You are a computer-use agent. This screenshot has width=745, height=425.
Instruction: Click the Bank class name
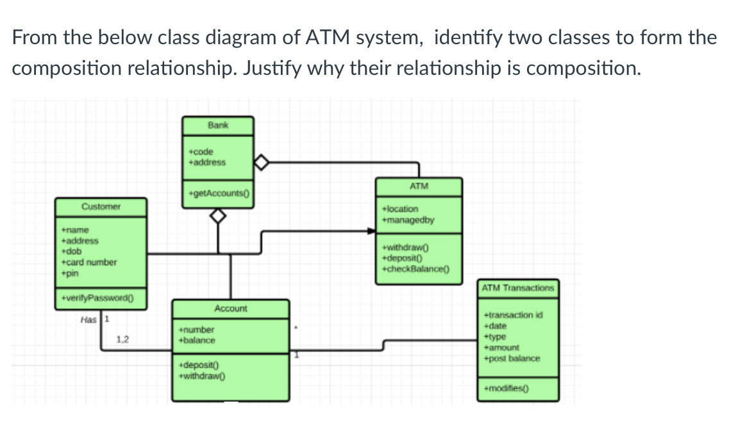[217, 125]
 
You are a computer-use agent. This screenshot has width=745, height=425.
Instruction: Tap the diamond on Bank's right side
[262, 163]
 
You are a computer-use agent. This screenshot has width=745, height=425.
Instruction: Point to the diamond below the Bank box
[219, 218]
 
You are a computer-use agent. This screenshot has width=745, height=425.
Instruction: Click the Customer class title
[101, 207]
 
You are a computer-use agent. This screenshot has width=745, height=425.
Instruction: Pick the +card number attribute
[88, 262]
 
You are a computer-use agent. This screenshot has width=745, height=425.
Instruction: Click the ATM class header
[418, 186]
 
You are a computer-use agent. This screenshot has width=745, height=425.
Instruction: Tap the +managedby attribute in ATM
[408, 220]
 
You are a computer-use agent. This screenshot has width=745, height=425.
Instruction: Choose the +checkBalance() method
[415, 269]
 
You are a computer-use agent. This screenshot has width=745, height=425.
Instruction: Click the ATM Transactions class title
[517, 287]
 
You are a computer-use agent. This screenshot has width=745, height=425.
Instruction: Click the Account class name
[230, 309]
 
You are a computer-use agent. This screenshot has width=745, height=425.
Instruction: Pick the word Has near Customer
[89, 319]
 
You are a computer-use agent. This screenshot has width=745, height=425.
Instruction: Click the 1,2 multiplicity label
[123, 340]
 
